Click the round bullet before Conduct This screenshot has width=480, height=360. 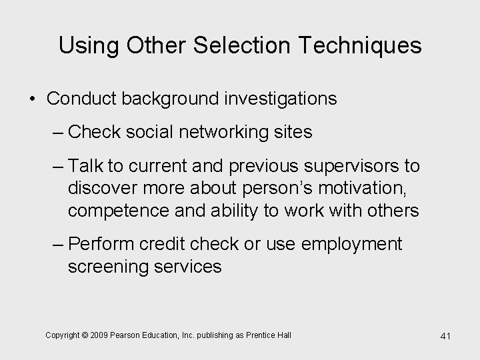pyautogui.click(x=32, y=99)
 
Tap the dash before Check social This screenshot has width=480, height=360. pyautogui.click(x=58, y=133)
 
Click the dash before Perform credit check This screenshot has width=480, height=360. pyautogui.click(x=58, y=244)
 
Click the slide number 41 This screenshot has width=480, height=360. pyautogui.click(x=445, y=336)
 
